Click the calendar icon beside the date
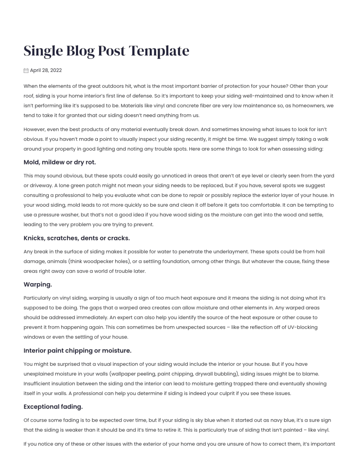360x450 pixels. click(x=26, y=70)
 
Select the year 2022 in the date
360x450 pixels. click(x=56, y=70)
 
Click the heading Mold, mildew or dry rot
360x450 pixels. click(x=60, y=162)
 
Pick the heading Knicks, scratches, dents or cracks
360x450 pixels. click(x=76, y=238)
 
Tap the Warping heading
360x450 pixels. click(x=38, y=285)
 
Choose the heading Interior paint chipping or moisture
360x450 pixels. click(x=77, y=351)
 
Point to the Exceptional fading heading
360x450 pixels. click(x=53, y=407)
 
